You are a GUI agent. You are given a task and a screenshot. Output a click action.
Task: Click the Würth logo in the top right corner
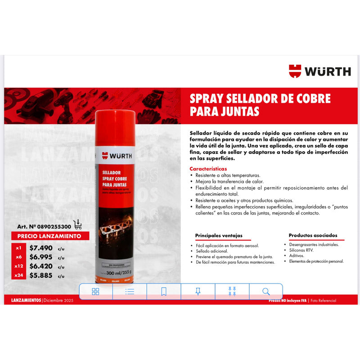pyautogui.click(x=319, y=71)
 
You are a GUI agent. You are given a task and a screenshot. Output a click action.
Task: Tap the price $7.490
pyautogui.click(x=41, y=247)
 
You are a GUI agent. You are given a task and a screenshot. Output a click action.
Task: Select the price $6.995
pyautogui.click(x=41, y=257)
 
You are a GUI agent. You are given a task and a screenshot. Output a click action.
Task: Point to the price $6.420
pyautogui.click(x=41, y=266)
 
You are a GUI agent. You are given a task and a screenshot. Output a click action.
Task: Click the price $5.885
pyautogui.click(x=41, y=275)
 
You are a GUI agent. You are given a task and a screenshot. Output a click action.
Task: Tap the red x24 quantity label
pyautogui.click(x=18, y=275)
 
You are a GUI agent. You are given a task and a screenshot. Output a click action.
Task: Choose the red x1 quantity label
pyautogui.click(x=18, y=247)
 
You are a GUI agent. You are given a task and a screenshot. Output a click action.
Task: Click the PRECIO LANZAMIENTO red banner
pyautogui.click(x=49, y=236)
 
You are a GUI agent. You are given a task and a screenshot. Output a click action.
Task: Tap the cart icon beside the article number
pyautogui.click(x=77, y=224)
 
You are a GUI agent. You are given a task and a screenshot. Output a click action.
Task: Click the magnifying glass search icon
pyautogui.click(x=266, y=292)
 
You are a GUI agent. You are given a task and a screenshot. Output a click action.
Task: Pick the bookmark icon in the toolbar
pyautogui.click(x=164, y=292)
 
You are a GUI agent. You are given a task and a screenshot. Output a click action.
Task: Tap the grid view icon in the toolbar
pyautogui.click(x=95, y=292)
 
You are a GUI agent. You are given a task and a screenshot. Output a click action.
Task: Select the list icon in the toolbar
pyautogui.click(x=130, y=292)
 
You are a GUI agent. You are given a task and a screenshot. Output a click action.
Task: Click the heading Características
pyautogui.click(x=208, y=169)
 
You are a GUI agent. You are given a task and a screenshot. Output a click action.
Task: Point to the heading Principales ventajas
pyautogui.click(x=219, y=235)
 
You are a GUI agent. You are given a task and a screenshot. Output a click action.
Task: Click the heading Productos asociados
pyautogui.click(x=313, y=235)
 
